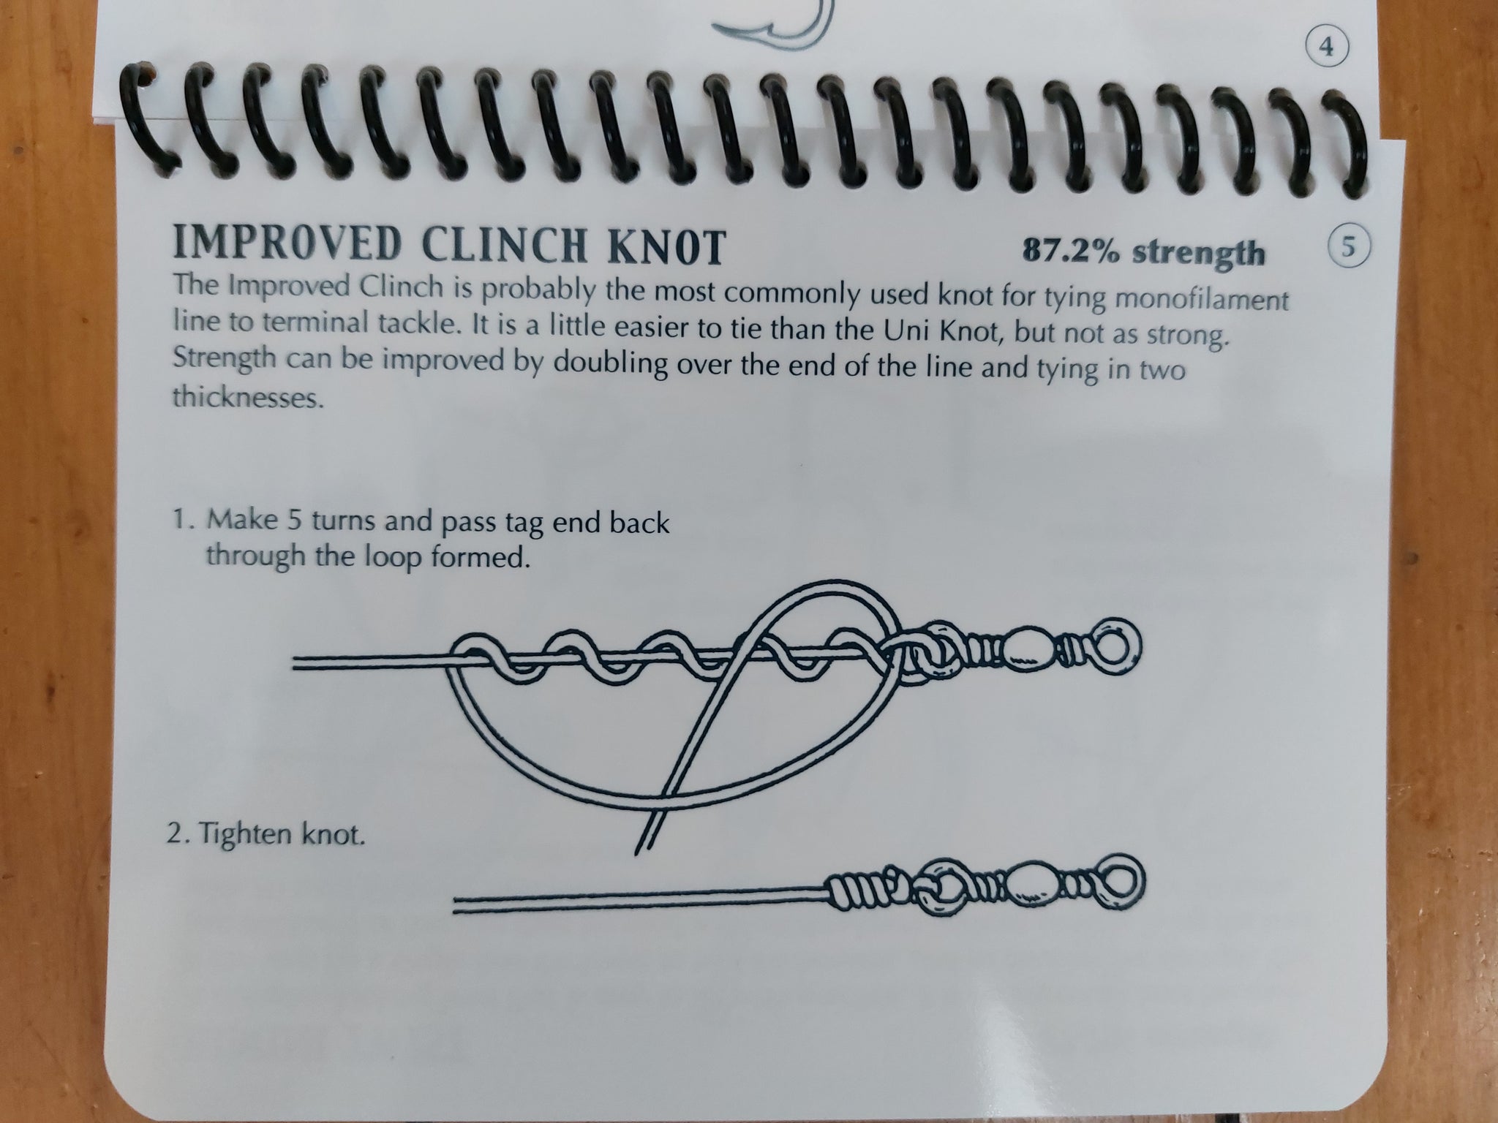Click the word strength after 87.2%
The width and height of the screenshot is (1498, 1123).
tap(1197, 253)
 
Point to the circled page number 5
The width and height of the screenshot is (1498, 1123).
tap(1348, 246)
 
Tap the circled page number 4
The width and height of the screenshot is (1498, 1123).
tap(1328, 48)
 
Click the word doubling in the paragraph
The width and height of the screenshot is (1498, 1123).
tap(610, 363)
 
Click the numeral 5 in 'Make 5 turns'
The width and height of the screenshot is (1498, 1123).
tap(298, 521)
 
